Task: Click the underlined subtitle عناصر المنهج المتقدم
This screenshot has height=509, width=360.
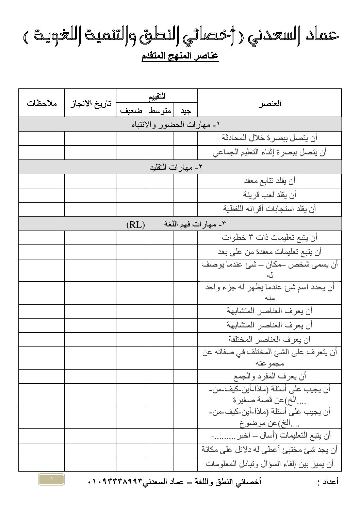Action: point(180,56)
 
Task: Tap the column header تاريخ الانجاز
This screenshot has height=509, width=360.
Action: point(90,103)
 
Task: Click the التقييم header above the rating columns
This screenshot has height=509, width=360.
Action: point(157,96)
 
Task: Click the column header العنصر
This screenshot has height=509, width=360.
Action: point(269,103)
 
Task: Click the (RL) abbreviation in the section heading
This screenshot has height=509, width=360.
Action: point(135,224)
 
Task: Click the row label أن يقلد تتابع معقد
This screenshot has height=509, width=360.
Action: point(270,181)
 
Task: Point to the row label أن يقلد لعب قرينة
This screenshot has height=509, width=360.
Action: point(269,195)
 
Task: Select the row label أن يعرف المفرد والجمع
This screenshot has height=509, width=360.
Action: point(269,376)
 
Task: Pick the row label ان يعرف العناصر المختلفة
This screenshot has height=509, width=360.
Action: point(269,339)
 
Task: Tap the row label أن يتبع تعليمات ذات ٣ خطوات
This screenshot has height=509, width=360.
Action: point(269,237)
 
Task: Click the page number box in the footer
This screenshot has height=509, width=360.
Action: point(51,479)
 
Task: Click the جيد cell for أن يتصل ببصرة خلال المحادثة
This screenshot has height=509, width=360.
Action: point(186,138)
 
